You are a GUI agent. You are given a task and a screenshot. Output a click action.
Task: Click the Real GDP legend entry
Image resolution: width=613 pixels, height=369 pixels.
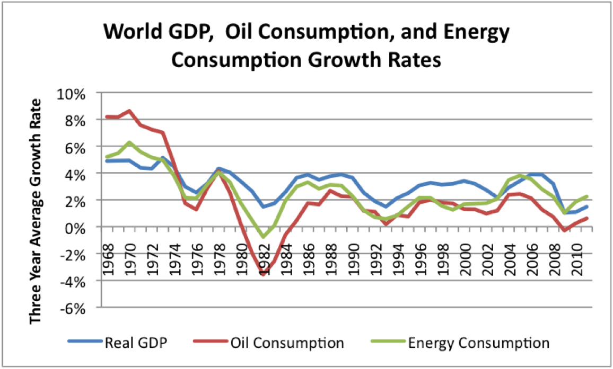tap(136, 343)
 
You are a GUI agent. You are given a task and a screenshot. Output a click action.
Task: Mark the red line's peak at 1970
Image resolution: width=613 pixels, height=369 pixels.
tap(129, 111)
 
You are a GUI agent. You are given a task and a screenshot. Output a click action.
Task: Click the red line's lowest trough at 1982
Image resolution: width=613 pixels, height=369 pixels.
tap(262, 274)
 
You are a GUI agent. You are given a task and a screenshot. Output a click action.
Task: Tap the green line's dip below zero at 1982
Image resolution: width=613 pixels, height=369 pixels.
tap(262, 237)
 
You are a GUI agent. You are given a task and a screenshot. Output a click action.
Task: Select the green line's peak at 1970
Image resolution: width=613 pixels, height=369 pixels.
tap(129, 142)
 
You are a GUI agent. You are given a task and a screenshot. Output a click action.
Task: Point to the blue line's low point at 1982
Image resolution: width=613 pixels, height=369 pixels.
tap(262, 206)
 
